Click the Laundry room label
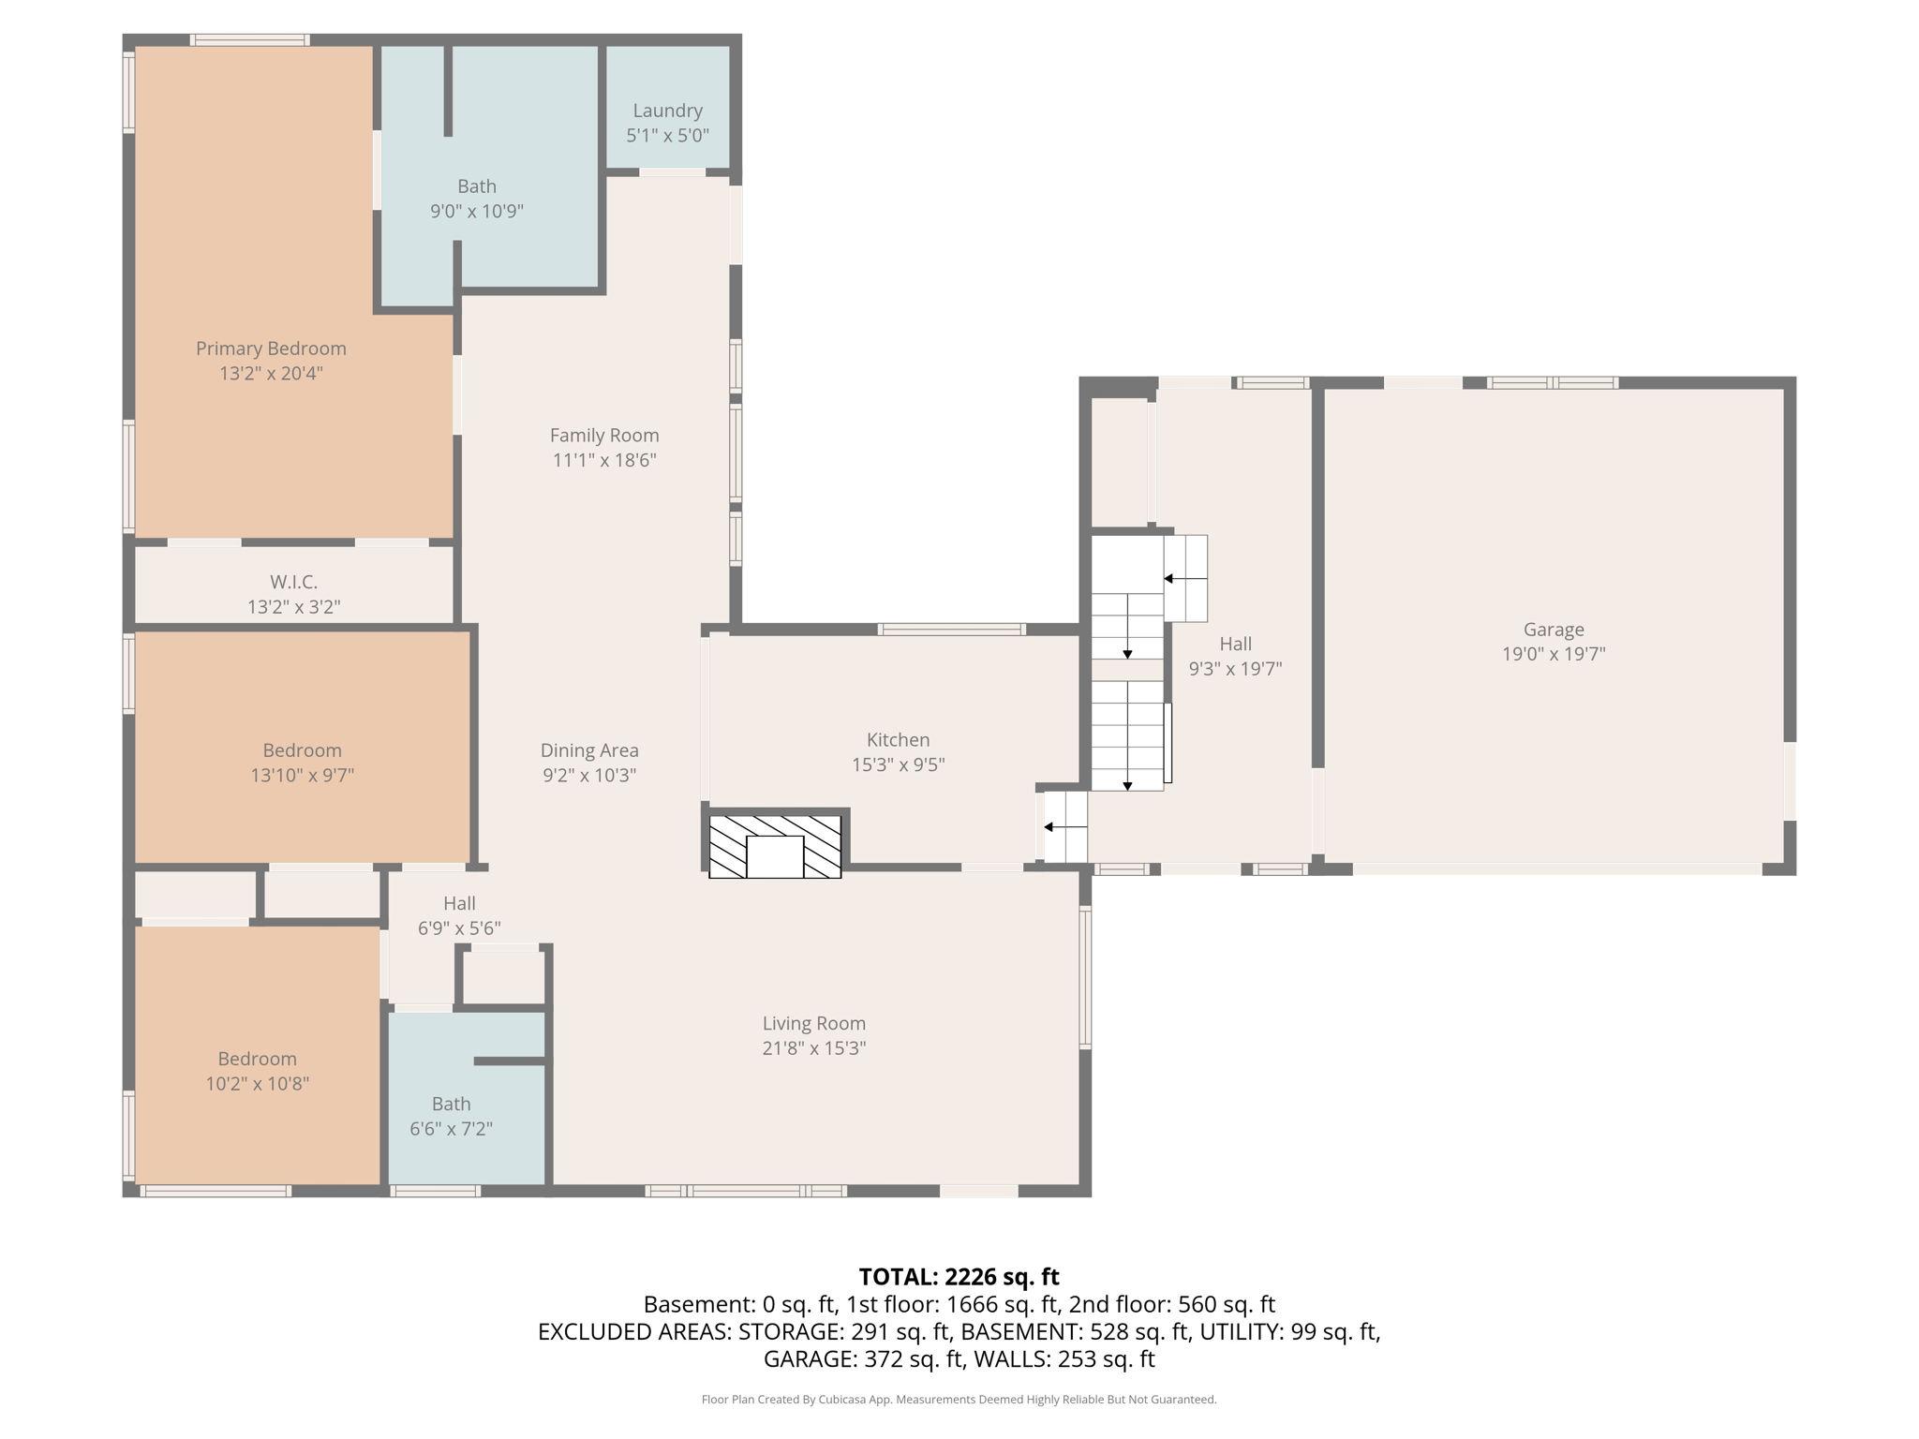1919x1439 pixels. tap(667, 111)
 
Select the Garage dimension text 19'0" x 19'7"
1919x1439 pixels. tap(1554, 654)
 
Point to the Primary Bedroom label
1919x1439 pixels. tap(271, 349)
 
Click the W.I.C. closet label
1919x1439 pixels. tap(293, 582)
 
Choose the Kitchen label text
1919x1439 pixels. tap(898, 740)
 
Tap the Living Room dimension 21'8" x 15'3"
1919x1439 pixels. tap(813, 1048)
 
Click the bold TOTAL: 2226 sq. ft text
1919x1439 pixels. tap(959, 1277)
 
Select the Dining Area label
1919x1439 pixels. tap(589, 750)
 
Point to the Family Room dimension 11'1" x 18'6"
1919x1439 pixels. tap(604, 460)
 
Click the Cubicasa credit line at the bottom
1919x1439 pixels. tap(959, 1400)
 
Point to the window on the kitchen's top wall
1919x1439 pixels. tap(951, 630)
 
